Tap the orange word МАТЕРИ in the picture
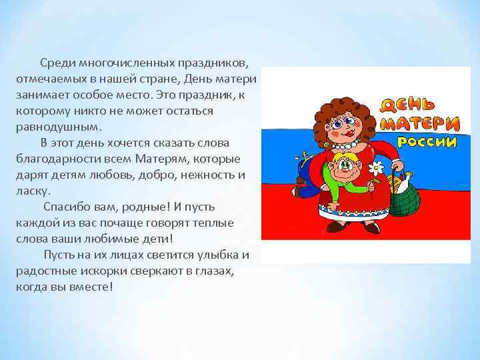(420, 124)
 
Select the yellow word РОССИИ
(427, 141)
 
